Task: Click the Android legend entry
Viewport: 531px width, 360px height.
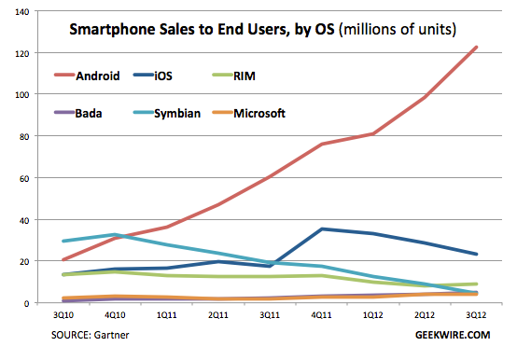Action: point(87,76)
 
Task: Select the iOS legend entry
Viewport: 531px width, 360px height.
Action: point(153,76)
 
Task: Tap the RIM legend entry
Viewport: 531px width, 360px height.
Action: point(234,76)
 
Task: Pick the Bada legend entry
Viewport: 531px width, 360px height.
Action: point(78,113)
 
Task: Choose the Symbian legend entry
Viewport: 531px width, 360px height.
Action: point(167,113)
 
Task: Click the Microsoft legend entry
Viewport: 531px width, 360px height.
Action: point(249,113)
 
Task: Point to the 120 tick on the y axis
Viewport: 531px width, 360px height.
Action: point(22,53)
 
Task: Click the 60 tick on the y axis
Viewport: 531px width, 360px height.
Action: point(24,178)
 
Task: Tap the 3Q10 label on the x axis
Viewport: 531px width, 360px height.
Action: point(63,315)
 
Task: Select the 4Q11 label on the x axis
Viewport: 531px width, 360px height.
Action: point(321,315)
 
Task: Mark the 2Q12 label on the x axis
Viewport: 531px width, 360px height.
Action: point(425,315)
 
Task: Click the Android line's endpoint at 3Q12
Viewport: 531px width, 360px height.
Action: point(476,47)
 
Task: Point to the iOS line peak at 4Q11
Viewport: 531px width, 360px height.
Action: point(321,229)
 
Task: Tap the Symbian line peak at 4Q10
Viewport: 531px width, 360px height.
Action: point(115,234)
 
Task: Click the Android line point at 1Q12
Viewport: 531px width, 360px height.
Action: point(373,133)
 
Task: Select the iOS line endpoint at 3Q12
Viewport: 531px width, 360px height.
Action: point(476,254)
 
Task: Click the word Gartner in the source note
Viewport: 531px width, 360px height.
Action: point(111,335)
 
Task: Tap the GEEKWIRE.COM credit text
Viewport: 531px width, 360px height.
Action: point(453,335)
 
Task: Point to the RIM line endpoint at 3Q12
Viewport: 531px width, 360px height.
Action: point(476,284)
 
